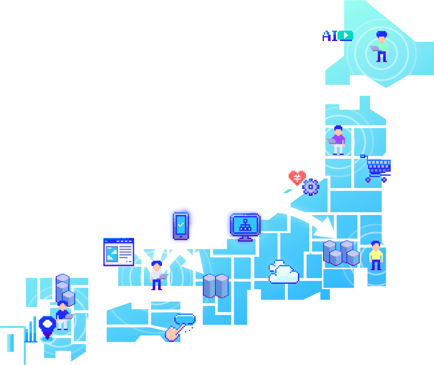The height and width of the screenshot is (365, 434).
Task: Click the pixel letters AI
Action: point(330,36)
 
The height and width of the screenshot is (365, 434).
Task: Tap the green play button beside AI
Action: point(345,36)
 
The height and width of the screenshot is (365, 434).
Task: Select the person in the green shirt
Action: point(381,47)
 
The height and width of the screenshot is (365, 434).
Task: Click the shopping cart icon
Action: point(377,168)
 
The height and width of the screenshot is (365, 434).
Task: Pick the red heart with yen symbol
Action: point(297,177)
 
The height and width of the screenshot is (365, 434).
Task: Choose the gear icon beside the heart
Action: point(311,187)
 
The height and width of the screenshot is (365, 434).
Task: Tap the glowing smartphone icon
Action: point(181,226)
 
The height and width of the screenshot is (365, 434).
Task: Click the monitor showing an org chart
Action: point(245,226)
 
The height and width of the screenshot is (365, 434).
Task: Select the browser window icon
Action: point(119,252)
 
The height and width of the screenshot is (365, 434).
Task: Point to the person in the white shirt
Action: point(156,275)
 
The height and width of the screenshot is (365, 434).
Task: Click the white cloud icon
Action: point(284,273)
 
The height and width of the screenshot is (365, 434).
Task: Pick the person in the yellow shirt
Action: point(376,256)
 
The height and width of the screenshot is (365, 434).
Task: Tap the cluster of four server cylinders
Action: point(341,253)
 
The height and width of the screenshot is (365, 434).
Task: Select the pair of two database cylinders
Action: point(215,285)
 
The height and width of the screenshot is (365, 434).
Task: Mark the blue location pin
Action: point(47,326)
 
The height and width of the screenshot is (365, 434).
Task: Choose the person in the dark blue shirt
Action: point(62,315)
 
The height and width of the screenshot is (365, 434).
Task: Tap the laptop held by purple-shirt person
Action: point(331,141)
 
